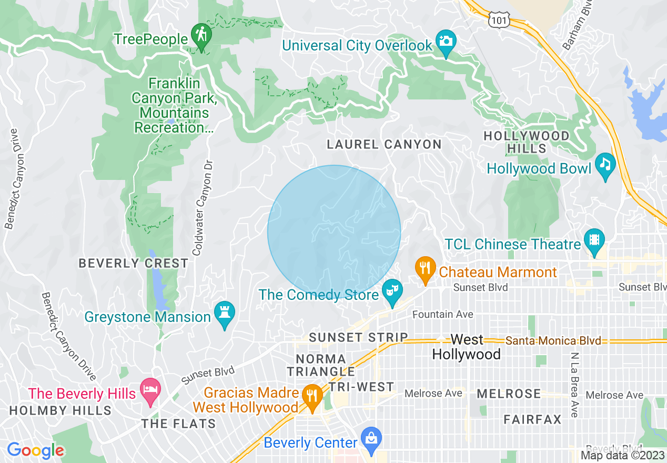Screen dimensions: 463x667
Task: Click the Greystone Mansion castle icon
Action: (x=225, y=314)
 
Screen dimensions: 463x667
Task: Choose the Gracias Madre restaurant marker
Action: (x=312, y=396)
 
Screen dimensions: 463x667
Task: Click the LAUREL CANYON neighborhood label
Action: (x=384, y=144)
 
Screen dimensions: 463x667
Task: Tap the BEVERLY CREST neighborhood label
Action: (x=133, y=263)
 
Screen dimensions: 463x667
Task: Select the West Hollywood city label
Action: (x=466, y=347)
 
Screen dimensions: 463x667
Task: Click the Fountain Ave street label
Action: (x=442, y=314)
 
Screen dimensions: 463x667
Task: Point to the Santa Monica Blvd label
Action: (x=553, y=341)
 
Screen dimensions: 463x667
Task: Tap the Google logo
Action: (x=35, y=450)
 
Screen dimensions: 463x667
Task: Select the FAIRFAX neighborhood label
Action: (x=532, y=419)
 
